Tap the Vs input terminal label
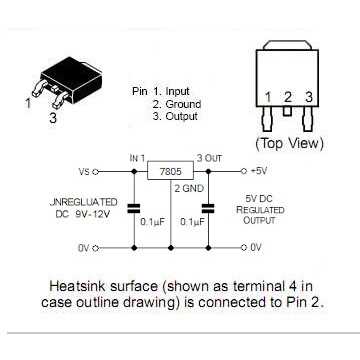pyautogui.click(x=83, y=171)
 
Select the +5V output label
pyautogui.click(x=257, y=171)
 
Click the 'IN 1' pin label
pyautogui.click(x=138, y=158)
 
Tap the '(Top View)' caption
pyautogui.click(x=290, y=144)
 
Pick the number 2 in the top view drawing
pyautogui.click(x=288, y=97)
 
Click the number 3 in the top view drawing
pyautogui.click(x=309, y=97)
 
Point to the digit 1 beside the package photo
pyautogui.click(x=28, y=102)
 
